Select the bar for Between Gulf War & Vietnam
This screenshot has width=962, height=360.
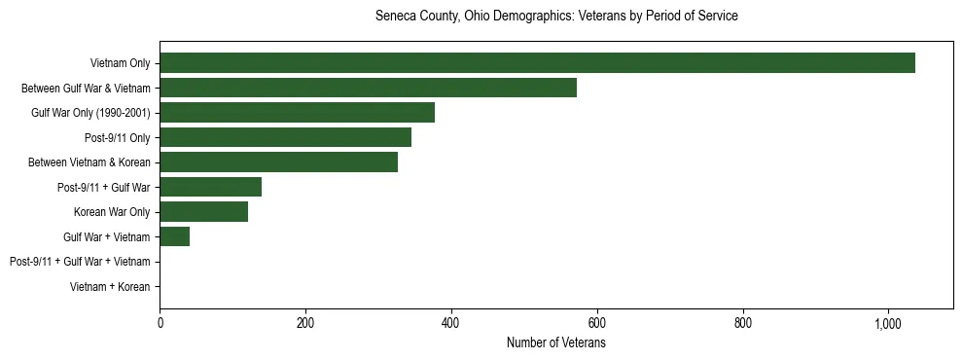click(368, 88)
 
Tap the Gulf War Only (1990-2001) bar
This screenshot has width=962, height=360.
click(297, 113)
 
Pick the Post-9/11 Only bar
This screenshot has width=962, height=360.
click(285, 137)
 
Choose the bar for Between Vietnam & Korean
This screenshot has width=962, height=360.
click(278, 162)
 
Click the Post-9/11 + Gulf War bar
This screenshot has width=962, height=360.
click(210, 187)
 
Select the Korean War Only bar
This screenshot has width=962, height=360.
click(203, 212)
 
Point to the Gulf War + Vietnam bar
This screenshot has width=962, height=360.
click(174, 236)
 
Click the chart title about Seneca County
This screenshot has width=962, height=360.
click(556, 17)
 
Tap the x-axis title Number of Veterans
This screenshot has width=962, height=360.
click(556, 343)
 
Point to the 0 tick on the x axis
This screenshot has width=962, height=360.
click(160, 324)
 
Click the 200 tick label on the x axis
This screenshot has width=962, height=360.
click(305, 324)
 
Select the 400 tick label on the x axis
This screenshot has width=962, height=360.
click(451, 324)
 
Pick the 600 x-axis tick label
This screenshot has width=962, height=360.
click(597, 324)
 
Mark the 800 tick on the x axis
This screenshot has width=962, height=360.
click(743, 324)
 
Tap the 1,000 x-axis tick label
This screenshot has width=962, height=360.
click(888, 324)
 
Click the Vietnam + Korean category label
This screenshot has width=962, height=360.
click(110, 287)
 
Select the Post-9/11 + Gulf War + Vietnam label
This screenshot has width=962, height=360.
click(80, 262)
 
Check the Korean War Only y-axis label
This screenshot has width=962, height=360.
click(112, 212)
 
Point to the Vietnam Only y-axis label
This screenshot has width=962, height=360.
click(120, 63)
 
